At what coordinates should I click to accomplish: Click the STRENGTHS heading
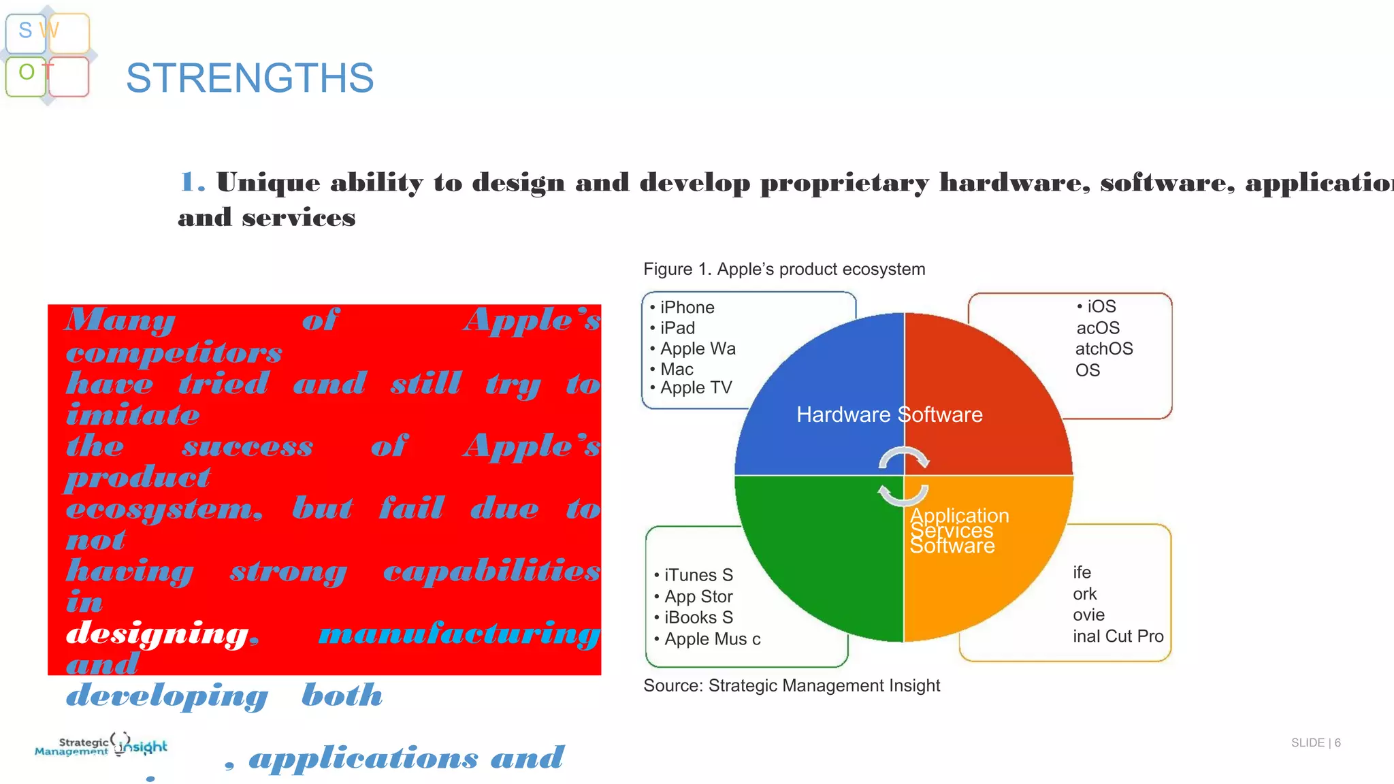(x=249, y=78)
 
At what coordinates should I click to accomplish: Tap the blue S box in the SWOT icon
(x=26, y=32)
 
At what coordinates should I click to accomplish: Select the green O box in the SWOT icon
(x=26, y=74)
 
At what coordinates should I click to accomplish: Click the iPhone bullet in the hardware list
(x=687, y=308)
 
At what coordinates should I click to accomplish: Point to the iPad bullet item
(x=677, y=328)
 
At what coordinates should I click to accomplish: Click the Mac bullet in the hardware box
(x=677, y=370)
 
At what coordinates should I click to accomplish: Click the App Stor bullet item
(x=698, y=597)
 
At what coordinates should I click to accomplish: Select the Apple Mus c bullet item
(x=712, y=640)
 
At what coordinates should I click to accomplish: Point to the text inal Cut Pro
(x=1118, y=636)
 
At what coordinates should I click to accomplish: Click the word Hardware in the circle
(x=843, y=414)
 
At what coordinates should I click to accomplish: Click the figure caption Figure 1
(x=784, y=269)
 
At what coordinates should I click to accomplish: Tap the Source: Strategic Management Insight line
(x=792, y=686)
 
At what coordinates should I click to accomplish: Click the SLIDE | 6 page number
(x=1315, y=742)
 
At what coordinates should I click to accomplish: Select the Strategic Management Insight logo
(x=101, y=745)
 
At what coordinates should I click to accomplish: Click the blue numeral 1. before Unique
(x=191, y=182)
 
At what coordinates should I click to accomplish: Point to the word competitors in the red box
(x=174, y=353)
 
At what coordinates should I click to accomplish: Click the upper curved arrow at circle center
(x=903, y=457)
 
